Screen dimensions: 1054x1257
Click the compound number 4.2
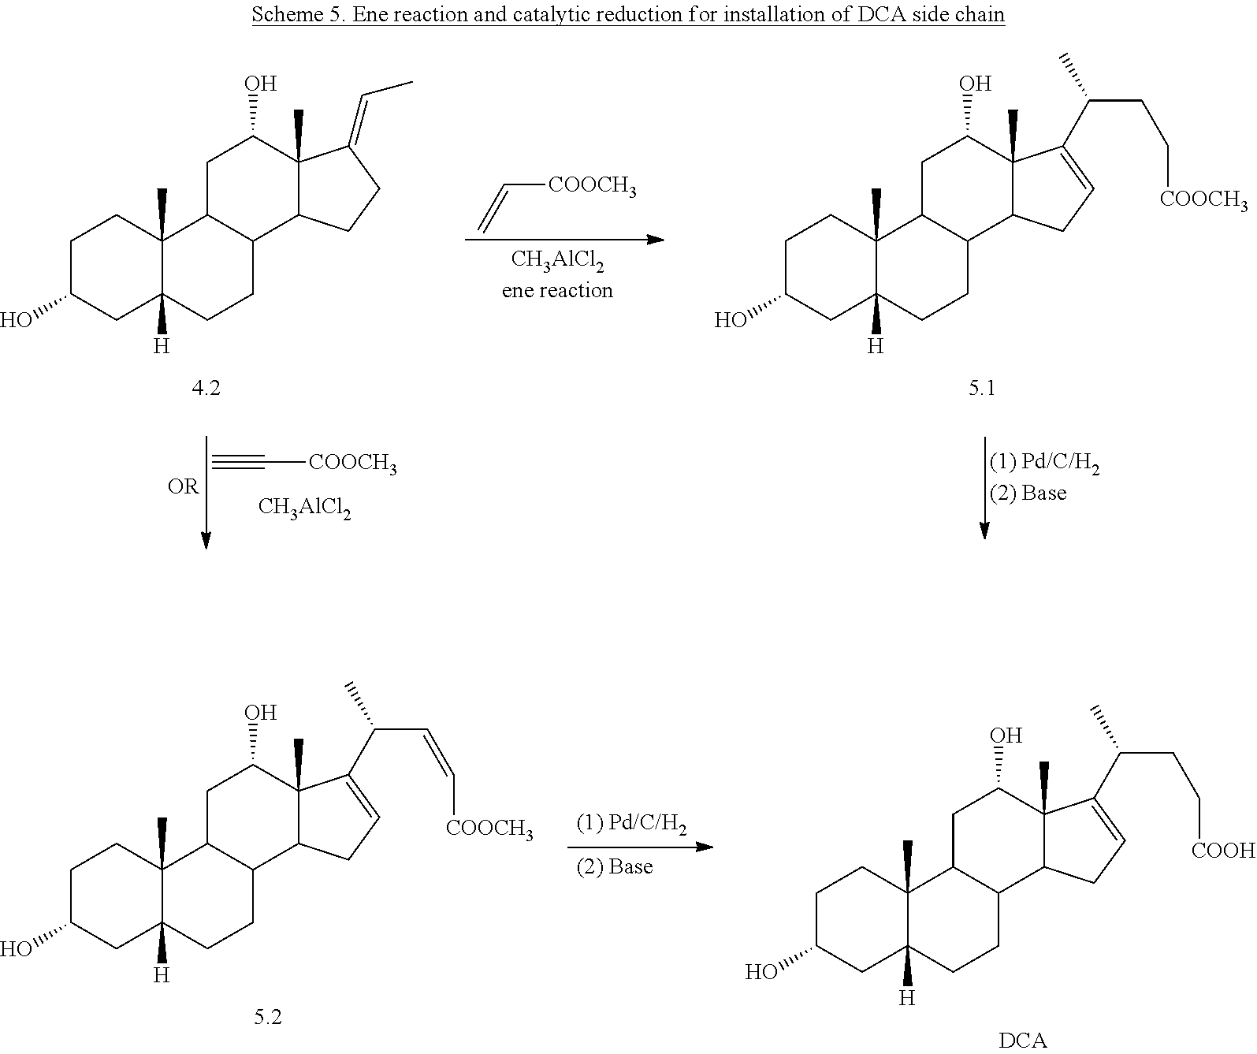[x=206, y=387]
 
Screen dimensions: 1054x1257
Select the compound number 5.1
[x=982, y=387]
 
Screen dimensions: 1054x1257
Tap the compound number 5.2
[x=268, y=1017]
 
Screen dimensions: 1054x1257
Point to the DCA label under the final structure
[x=1023, y=1041]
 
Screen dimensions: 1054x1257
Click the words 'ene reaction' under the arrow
[x=557, y=291]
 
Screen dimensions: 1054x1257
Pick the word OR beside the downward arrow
[x=183, y=487]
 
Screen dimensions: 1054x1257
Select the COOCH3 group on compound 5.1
[x=1203, y=200]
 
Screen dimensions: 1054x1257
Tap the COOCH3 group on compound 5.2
[x=489, y=829]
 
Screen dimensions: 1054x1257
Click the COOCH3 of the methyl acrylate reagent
[x=592, y=187]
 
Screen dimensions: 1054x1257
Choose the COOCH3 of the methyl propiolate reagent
[x=352, y=464]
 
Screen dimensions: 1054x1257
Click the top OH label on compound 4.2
[x=261, y=84]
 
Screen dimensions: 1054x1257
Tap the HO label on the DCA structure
[x=761, y=973]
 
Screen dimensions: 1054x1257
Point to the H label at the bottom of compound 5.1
[x=875, y=346]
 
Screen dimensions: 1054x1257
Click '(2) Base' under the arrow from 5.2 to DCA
[x=615, y=867]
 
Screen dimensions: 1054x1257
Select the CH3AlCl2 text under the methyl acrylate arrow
[x=557, y=259]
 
